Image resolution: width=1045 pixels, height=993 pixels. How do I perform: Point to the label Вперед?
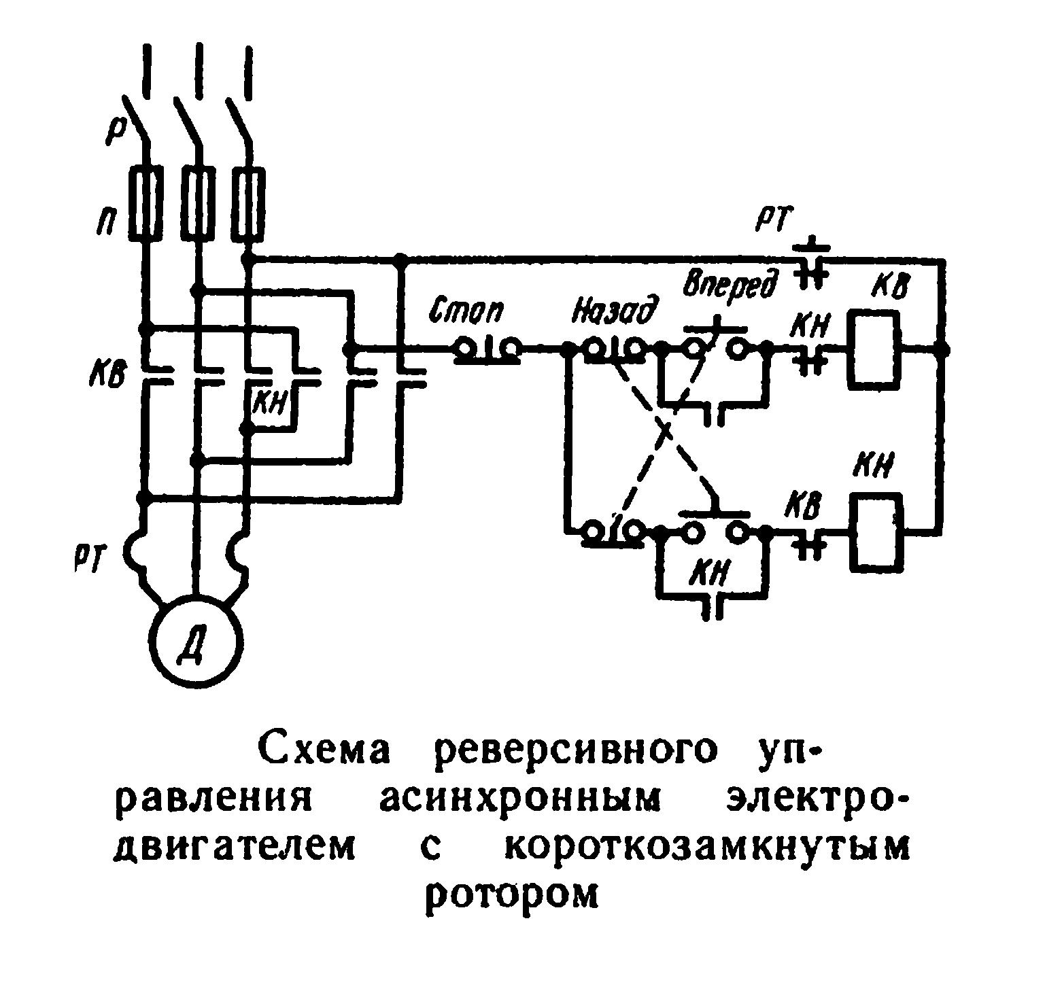click(x=730, y=284)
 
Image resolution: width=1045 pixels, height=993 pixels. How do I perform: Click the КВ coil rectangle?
click(x=873, y=349)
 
